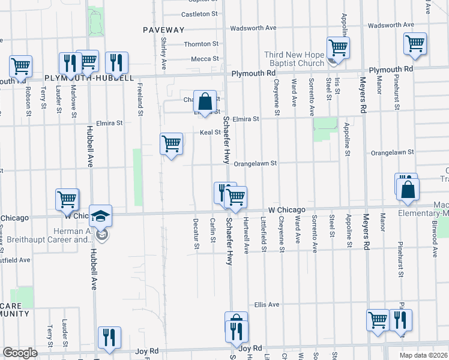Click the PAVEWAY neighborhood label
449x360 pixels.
coord(163,29)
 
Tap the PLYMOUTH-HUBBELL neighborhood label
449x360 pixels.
coord(89,78)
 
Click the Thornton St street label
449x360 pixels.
coord(201,44)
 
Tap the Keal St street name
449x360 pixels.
coord(210,133)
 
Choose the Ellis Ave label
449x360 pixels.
coord(267,305)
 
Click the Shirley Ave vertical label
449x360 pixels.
coord(163,52)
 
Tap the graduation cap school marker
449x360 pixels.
coord(102,215)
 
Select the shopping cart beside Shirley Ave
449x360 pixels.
coord(171,143)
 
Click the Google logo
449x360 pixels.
coord(20,353)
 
